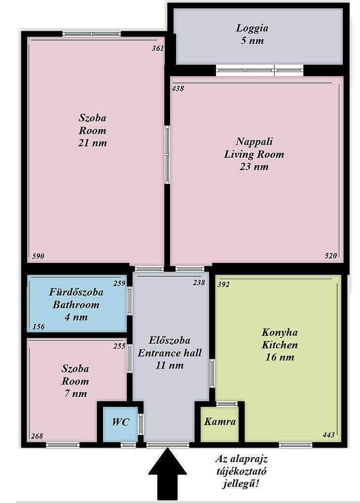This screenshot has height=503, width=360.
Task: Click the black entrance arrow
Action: pos(167,474)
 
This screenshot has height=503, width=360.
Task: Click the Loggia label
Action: pos(252,28)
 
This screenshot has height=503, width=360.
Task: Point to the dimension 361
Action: pos(158,48)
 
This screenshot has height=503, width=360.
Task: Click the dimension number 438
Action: pos(178,89)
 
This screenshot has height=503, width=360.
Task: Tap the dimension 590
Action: pos(38,256)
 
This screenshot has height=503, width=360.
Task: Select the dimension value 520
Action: pos(331,255)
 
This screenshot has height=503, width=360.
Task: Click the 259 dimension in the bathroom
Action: pos(119,284)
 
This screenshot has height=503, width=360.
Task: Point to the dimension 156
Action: pos(39,327)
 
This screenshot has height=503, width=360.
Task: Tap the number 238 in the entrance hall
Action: pos(199,283)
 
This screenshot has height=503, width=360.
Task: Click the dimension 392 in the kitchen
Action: pos(223,285)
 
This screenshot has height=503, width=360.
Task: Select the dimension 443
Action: pos(328,435)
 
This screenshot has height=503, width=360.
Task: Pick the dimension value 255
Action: pos(119,347)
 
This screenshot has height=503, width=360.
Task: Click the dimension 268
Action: pos(37,436)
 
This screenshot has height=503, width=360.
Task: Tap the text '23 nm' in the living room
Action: pos(254,167)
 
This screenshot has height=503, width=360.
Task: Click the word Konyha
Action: pos(280,332)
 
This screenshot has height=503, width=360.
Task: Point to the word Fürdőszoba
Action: pos(76,292)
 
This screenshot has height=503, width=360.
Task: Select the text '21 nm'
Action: pos(92,143)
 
